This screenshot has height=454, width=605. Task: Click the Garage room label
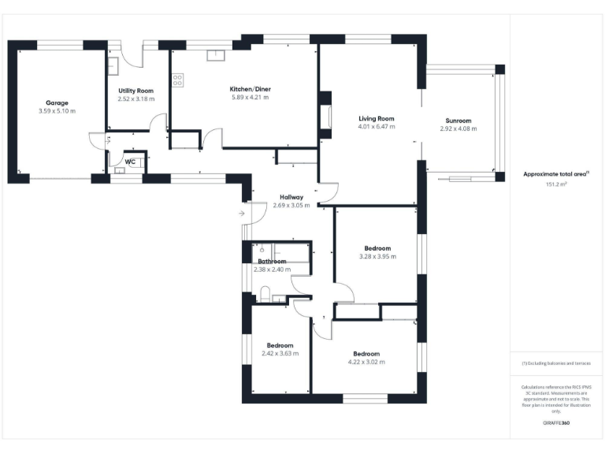click(57, 102)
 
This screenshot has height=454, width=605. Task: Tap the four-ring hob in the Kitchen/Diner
click(177, 80)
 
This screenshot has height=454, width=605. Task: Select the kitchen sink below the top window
click(214, 55)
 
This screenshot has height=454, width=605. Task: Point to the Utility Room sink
click(113, 65)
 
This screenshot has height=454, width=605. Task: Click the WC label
click(130, 162)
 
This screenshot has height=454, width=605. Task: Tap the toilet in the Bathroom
click(266, 295)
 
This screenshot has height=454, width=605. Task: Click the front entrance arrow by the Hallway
click(240, 213)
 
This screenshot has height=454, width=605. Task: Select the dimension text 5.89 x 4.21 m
click(250, 98)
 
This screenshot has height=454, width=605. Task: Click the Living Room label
click(376, 118)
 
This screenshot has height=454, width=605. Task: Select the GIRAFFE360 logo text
click(556, 423)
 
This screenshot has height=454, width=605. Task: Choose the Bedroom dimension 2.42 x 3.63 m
click(280, 354)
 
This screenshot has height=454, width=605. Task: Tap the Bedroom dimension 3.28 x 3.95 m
click(377, 256)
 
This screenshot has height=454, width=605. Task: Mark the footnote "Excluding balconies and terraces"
click(556, 363)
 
